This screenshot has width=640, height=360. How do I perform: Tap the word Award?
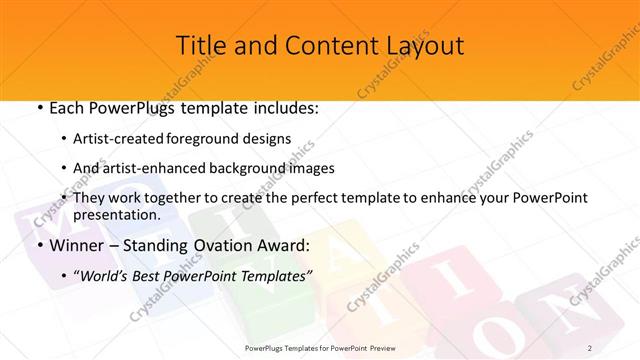coord(290,245)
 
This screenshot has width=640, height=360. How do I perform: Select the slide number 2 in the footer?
coord(591,347)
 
